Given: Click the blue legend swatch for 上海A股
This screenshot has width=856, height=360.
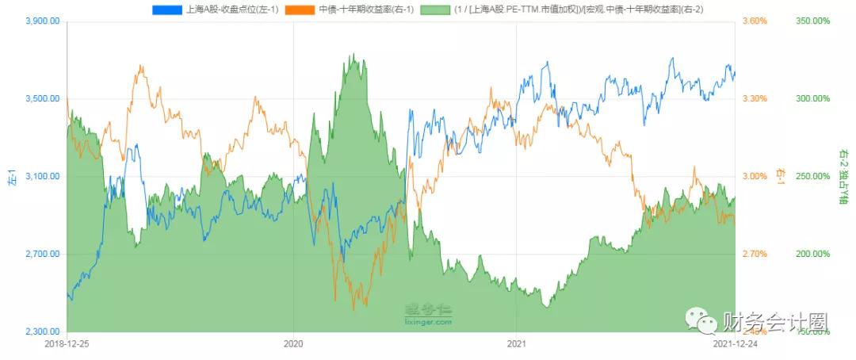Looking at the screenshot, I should [x=167, y=10].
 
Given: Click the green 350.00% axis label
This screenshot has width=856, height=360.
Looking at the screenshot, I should [x=812, y=21].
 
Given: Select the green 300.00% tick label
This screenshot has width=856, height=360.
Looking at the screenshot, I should [x=812, y=99].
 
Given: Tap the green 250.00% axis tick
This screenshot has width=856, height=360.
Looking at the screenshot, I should [x=812, y=177].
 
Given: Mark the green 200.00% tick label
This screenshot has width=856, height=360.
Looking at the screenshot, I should [x=812, y=255].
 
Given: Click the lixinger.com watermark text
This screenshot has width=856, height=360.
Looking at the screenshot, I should [x=428, y=323].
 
